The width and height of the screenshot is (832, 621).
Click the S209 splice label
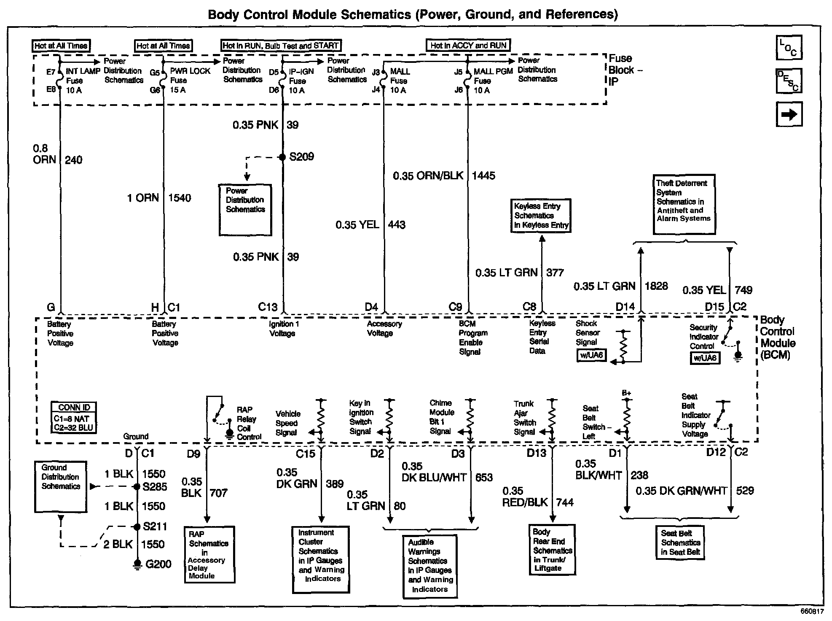click(301, 157)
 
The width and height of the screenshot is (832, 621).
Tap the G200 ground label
click(158, 564)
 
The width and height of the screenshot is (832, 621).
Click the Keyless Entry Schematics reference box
click(541, 216)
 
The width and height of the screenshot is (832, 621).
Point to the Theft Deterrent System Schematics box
click(684, 204)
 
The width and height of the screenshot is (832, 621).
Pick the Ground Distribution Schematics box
click(61, 486)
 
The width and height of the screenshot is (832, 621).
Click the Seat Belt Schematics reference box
click(680, 543)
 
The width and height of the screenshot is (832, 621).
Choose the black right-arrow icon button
click(789, 114)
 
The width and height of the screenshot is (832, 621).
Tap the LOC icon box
click(789, 47)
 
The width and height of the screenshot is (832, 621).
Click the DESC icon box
click(789, 81)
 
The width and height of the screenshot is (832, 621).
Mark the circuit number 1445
click(483, 176)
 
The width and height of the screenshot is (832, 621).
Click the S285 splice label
click(155, 487)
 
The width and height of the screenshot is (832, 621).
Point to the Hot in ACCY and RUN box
click(468, 46)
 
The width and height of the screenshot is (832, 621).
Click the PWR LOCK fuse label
click(190, 71)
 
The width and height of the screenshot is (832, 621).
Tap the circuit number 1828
click(656, 286)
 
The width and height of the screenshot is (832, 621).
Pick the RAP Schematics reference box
click(209, 554)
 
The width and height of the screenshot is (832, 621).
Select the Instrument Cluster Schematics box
click(321, 559)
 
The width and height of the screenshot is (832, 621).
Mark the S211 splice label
click(155, 526)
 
